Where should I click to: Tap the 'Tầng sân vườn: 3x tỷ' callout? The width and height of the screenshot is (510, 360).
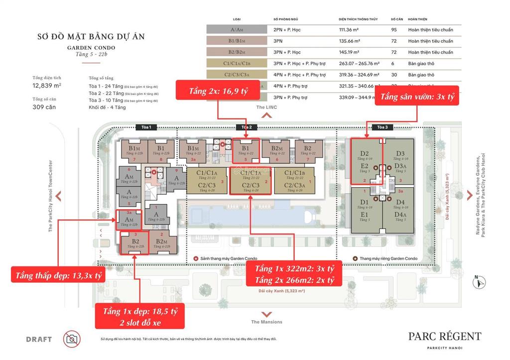(x=417, y=98)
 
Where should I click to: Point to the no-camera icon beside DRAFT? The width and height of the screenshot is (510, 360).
(x=72, y=339)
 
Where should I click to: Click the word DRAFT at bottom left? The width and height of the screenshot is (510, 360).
(x=39, y=340)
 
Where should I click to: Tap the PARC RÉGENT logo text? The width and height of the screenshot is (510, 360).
(x=445, y=337)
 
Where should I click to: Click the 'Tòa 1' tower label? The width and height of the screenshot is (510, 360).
(x=146, y=127)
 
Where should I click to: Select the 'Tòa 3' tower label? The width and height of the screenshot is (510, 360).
(x=382, y=127)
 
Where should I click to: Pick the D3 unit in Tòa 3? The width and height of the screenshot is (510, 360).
(x=401, y=153)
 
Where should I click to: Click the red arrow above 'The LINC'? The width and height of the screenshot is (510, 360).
(x=266, y=116)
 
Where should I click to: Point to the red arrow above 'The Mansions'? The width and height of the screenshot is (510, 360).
(x=266, y=314)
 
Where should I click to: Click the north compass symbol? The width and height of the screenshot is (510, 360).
(x=480, y=282)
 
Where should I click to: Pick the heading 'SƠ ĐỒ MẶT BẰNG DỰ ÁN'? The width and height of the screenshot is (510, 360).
(x=91, y=37)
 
